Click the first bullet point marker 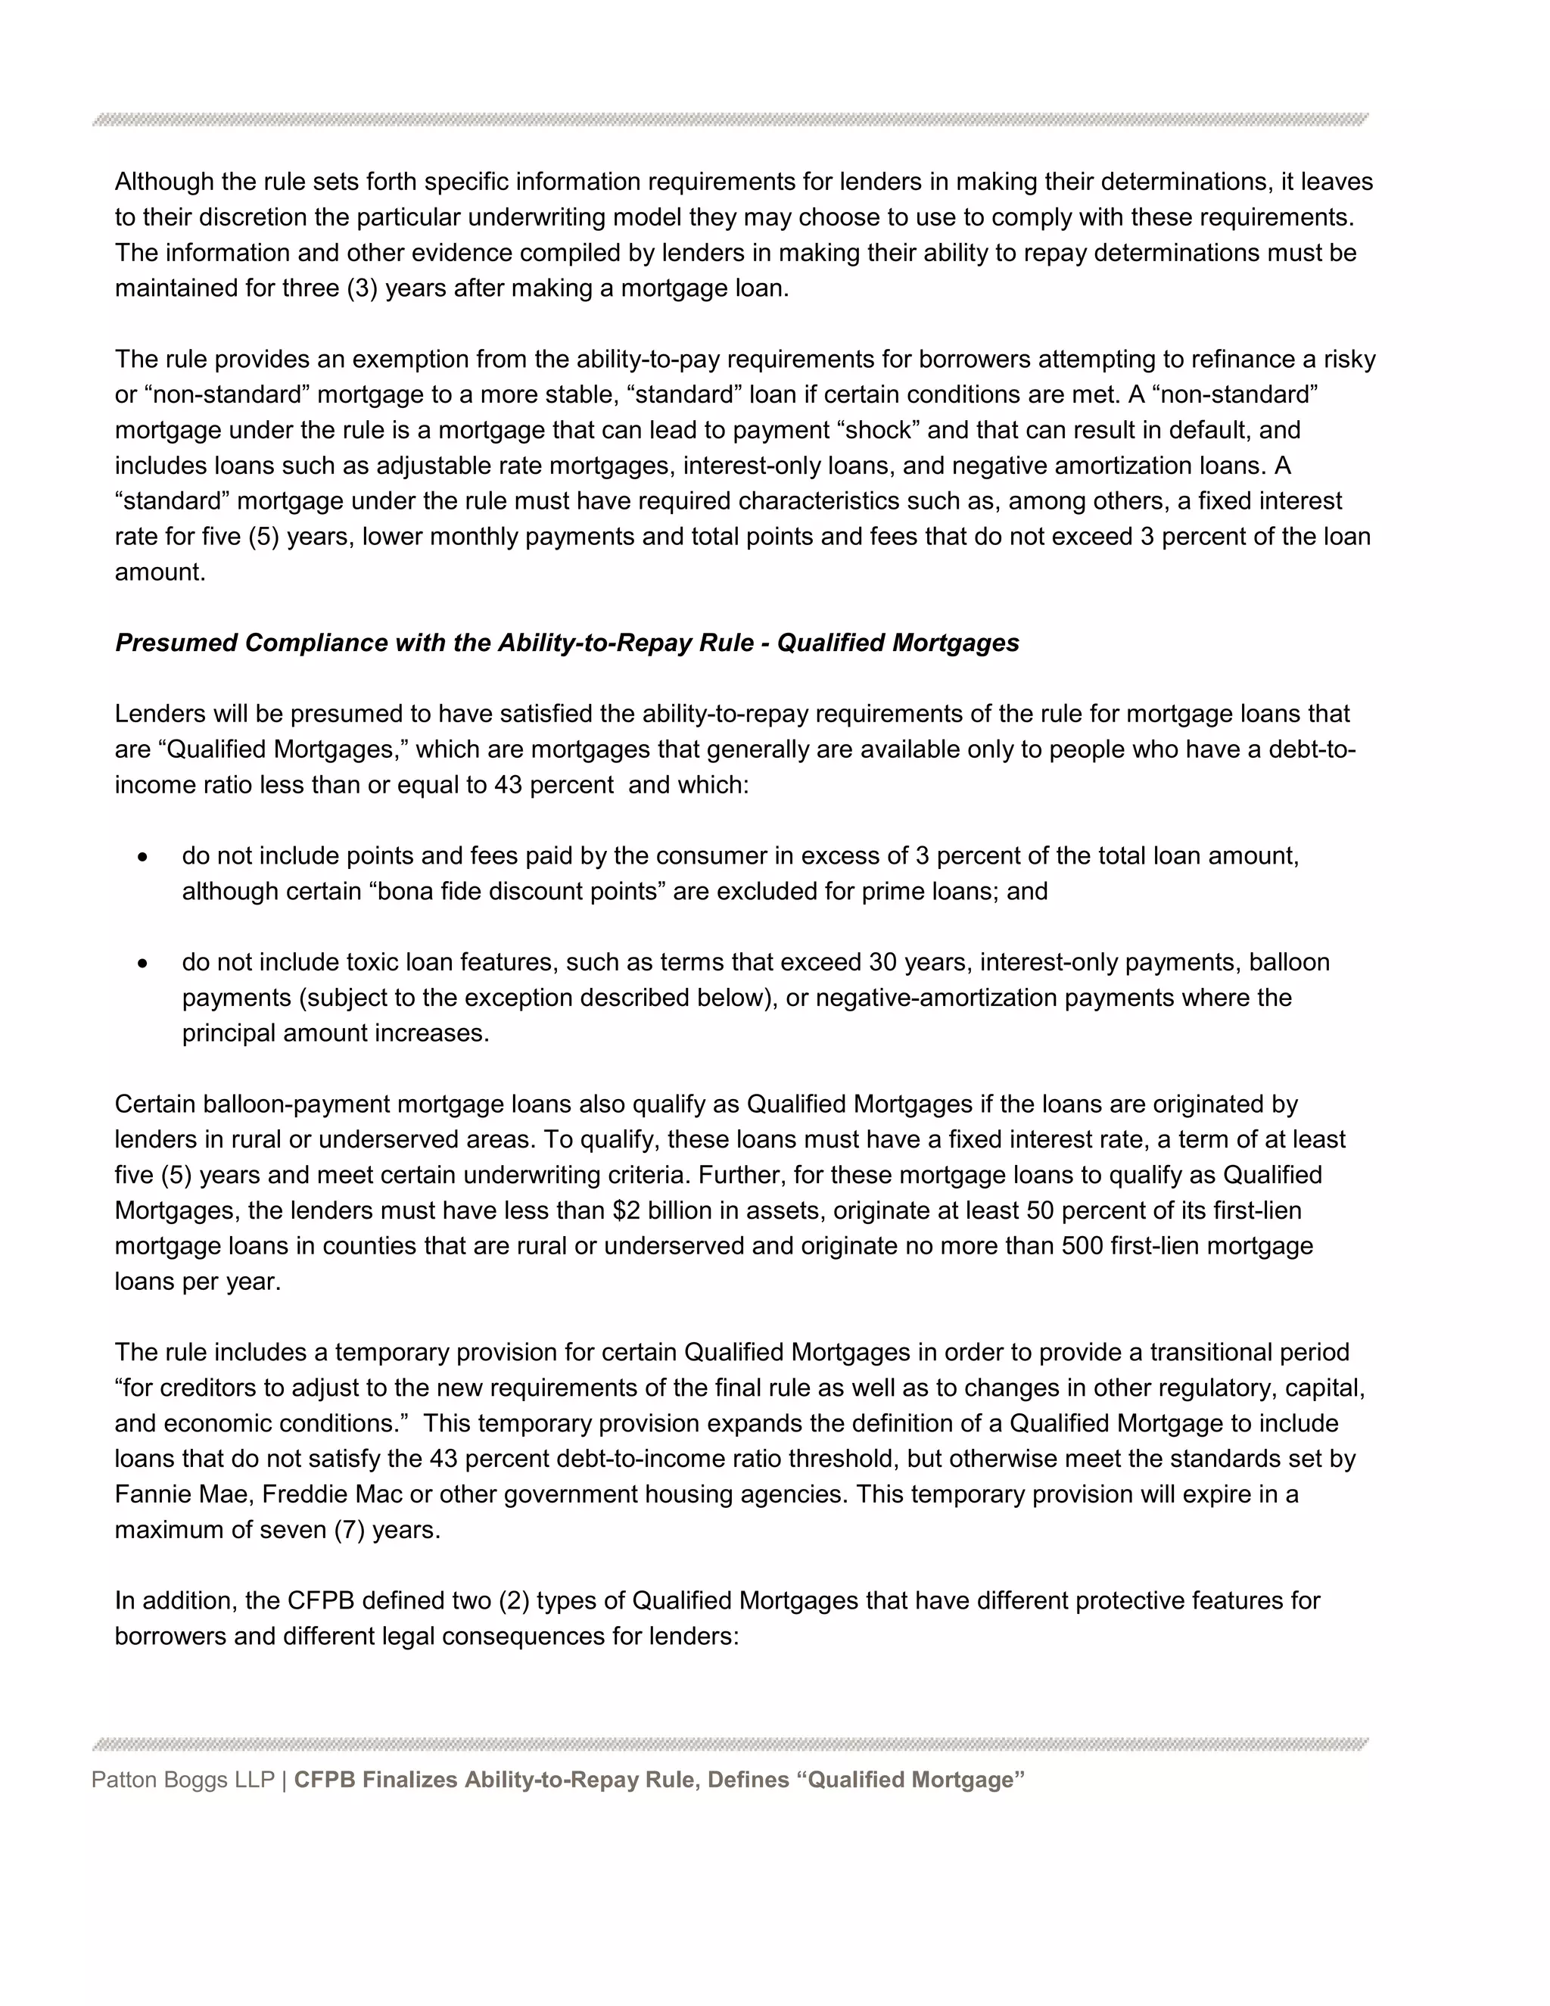[142, 857]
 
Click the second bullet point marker [142, 964]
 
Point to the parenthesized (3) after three [362, 288]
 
